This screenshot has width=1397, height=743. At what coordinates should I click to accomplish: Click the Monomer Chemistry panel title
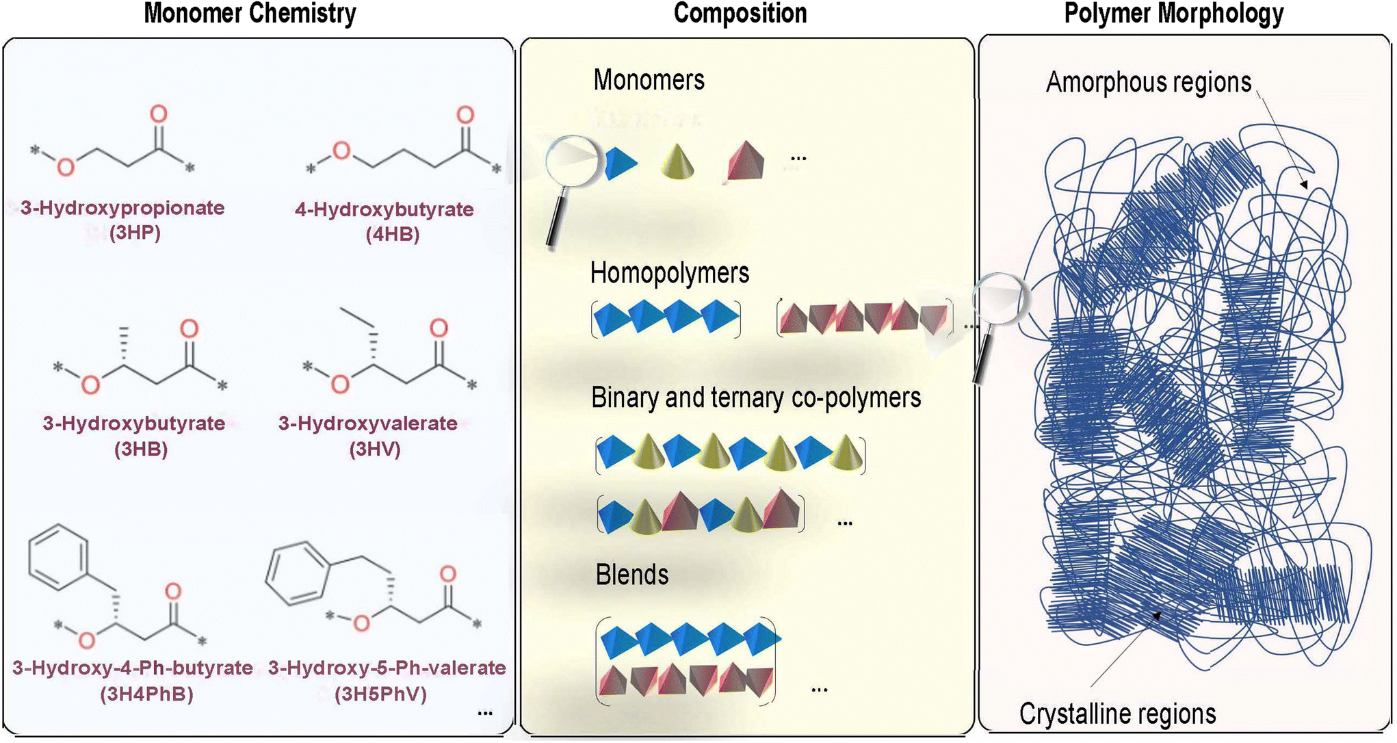tap(250, 14)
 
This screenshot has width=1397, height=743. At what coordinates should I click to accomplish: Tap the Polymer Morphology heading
tap(1173, 14)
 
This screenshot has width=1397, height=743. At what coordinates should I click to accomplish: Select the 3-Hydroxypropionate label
tap(122, 208)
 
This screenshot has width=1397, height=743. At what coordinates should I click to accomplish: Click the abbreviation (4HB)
tap(392, 235)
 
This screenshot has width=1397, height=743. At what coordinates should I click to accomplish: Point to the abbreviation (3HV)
tap(374, 449)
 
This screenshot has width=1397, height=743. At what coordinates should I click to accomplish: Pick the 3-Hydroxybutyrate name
tap(134, 423)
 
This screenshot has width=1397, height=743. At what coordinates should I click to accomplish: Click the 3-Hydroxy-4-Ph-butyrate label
tap(133, 668)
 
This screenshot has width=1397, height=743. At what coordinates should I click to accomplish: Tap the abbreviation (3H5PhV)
tap(380, 694)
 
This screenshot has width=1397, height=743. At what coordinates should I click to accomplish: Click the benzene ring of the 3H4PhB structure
tap(59, 557)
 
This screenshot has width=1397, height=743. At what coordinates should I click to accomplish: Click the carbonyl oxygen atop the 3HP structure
tap(159, 114)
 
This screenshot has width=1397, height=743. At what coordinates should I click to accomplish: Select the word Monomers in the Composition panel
tap(649, 80)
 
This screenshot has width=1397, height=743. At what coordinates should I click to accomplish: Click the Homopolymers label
tap(670, 274)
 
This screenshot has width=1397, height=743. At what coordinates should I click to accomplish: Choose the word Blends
tap(632, 575)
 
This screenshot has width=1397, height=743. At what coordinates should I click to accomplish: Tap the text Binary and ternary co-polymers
tap(756, 398)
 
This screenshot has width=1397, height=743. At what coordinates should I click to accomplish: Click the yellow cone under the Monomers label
tap(678, 162)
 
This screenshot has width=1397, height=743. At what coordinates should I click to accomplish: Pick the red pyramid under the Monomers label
tap(745, 162)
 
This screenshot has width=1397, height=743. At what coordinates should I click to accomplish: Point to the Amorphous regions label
tap(1149, 82)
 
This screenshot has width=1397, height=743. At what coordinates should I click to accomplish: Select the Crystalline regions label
tap(1117, 714)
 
